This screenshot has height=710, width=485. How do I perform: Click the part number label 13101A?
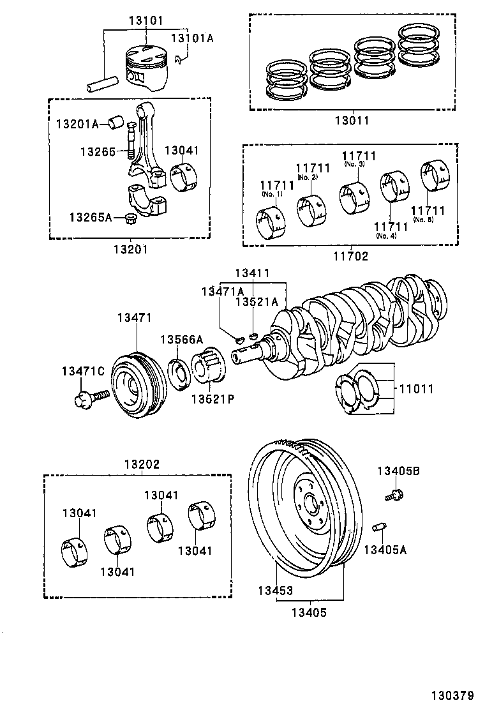tap(191, 38)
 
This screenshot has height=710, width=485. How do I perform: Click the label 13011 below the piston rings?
tap(351, 120)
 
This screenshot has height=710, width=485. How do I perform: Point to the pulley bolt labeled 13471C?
tap(84, 400)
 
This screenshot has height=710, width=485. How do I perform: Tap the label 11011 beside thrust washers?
tap(417, 388)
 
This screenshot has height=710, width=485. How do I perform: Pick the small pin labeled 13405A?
tap(378, 527)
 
